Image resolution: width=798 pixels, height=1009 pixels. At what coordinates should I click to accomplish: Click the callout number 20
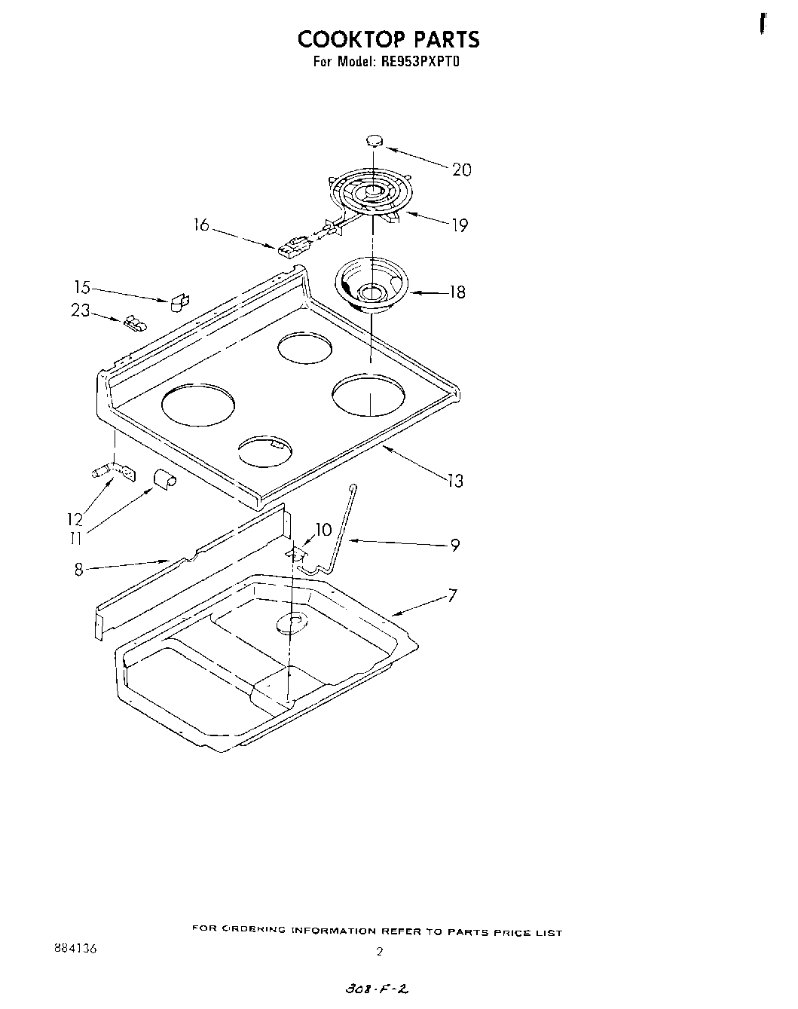click(461, 170)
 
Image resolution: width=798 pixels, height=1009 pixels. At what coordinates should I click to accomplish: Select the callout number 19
click(459, 225)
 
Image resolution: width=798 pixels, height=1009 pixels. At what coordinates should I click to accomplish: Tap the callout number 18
click(457, 292)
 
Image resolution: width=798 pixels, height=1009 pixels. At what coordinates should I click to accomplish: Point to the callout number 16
click(201, 225)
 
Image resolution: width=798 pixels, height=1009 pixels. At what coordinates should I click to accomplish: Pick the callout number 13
click(454, 480)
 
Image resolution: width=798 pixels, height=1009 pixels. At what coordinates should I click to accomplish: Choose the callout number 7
click(452, 596)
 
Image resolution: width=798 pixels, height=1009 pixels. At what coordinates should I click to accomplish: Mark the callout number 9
click(454, 545)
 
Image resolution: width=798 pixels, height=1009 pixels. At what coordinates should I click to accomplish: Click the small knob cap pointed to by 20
click(374, 140)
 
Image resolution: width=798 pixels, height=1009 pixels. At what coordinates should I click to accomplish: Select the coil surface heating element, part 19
click(368, 194)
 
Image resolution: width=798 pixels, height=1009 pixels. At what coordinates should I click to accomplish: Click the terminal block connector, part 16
click(291, 246)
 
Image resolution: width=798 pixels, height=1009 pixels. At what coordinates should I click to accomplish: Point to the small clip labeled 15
click(180, 302)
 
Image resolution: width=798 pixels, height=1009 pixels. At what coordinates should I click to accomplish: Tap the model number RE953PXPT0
click(417, 63)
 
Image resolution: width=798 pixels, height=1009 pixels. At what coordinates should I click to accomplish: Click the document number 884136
click(71, 948)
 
